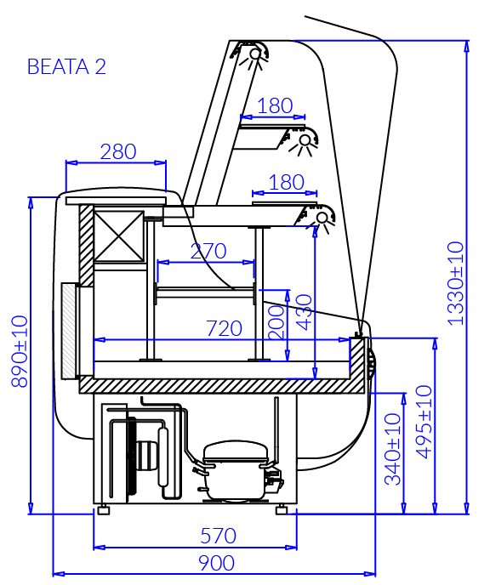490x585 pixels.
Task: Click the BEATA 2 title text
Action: click(x=66, y=67)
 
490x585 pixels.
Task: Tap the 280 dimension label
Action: click(x=118, y=152)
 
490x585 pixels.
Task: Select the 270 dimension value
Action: click(x=208, y=251)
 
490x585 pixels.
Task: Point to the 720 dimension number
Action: click(x=224, y=329)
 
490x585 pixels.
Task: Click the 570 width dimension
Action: click(x=218, y=536)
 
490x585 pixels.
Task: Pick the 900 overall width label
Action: click(x=216, y=563)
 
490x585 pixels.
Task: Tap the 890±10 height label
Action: click(x=20, y=351)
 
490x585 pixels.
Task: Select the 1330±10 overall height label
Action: click(x=456, y=283)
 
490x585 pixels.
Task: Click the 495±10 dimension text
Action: click(x=424, y=422)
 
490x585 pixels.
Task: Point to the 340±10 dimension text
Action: click(x=393, y=449)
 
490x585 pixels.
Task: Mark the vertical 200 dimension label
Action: click(x=276, y=322)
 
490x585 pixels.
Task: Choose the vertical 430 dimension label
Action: click(x=304, y=312)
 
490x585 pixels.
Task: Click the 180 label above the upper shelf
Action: click(x=275, y=106)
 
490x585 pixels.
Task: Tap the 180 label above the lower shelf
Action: click(x=287, y=183)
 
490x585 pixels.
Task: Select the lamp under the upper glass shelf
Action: click(x=304, y=141)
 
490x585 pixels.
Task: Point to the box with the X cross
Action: click(x=119, y=236)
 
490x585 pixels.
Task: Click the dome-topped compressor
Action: click(x=236, y=470)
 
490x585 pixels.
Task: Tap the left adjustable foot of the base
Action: click(x=104, y=509)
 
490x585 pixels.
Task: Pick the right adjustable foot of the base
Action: click(x=282, y=509)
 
